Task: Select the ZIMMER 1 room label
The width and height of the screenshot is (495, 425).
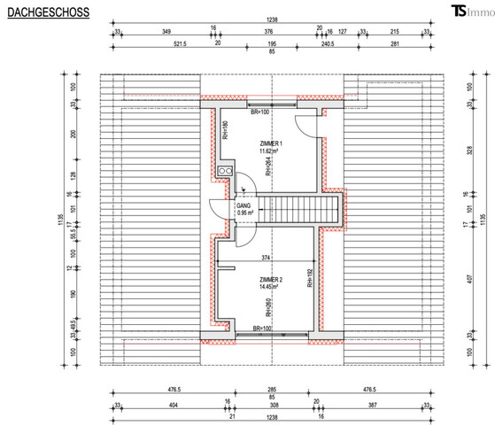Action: (271, 143)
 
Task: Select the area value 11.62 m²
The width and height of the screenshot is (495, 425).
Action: (271, 151)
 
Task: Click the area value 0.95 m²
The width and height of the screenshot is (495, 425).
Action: (245, 213)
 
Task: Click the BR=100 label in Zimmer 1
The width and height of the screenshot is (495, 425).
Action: (260, 113)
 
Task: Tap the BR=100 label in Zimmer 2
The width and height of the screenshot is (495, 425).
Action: (261, 329)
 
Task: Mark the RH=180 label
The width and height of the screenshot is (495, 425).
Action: (226, 131)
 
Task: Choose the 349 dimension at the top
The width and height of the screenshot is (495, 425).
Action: (166, 31)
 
